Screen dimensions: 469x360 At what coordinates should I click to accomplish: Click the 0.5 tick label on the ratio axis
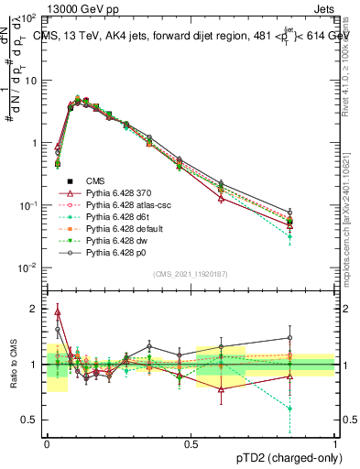pos(35,420)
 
